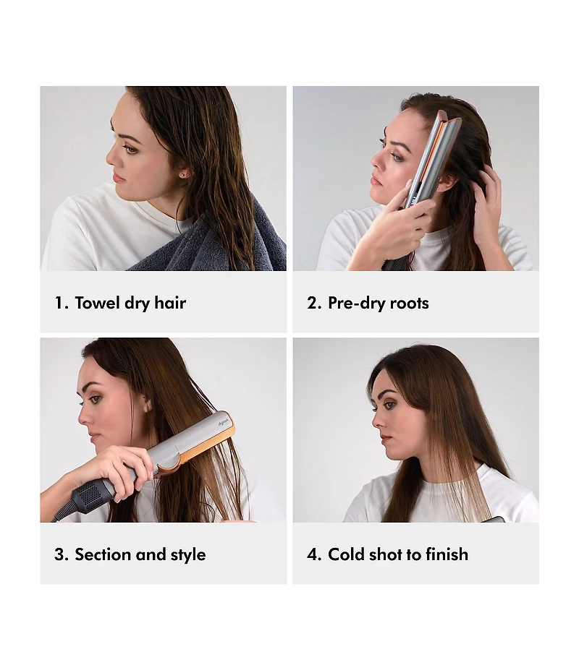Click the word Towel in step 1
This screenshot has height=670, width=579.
coord(97,303)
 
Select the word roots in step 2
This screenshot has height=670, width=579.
coord(409,303)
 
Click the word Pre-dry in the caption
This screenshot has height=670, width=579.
coord(356,304)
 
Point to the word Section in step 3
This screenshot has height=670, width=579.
coord(102,554)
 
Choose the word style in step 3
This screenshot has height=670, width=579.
coord(188,555)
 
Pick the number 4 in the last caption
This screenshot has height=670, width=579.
coord(313,554)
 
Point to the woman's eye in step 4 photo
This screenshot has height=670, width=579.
coord(389,405)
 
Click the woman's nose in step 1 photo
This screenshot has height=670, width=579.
coord(111,158)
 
